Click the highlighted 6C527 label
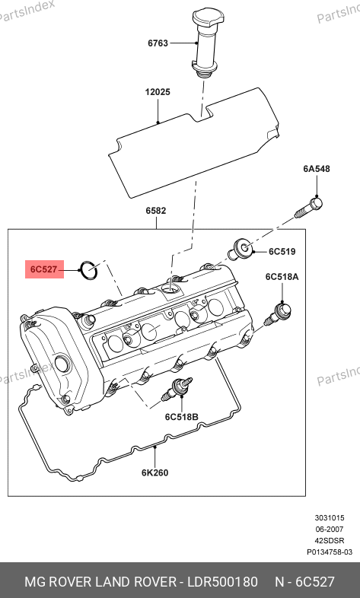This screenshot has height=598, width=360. click(x=44, y=269)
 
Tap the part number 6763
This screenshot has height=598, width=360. click(x=158, y=43)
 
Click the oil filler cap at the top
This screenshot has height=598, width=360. click(x=208, y=43)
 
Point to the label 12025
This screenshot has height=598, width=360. click(x=158, y=92)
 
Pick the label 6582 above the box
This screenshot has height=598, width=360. click(x=155, y=211)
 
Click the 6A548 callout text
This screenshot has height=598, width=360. click(x=317, y=169)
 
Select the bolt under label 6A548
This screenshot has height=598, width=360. click(x=308, y=208)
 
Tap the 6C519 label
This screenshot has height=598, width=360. click(x=282, y=252)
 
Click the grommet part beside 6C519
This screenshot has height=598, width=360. click(x=241, y=248)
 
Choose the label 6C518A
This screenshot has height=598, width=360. click(x=282, y=276)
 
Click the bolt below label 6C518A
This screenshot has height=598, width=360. click(x=278, y=314)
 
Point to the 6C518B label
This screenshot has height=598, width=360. click(x=182, y=417)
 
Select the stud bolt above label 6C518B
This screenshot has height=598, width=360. click(x=177, y=389)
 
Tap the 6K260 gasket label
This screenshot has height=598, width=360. click(x=155, y=472)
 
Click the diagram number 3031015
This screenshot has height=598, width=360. click(x=330, y=518)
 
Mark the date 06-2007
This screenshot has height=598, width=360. click(x=330, y=530)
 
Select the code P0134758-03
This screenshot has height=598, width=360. click(x=330, y=552)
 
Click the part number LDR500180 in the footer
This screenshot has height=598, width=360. click(x=222, y=582)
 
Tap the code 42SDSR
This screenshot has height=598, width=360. click(x=330, y=541)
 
